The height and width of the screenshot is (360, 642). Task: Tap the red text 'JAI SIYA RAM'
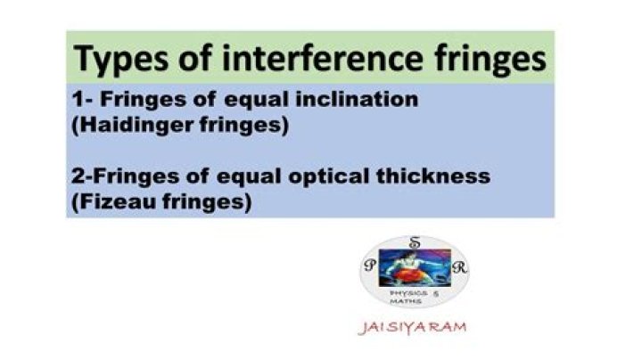pos(411,328)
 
